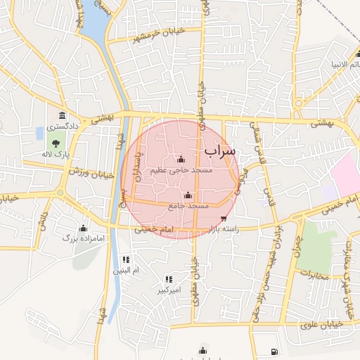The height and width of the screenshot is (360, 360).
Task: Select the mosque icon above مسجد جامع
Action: [x=187, y=195]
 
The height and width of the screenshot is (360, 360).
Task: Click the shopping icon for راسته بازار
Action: [x=224, y=219]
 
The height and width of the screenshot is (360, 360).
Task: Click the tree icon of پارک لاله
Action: [x=56, y=143]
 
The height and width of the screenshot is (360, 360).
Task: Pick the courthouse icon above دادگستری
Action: [x=63, y=116]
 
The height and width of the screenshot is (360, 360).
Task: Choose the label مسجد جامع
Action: [x=188, y=206]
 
